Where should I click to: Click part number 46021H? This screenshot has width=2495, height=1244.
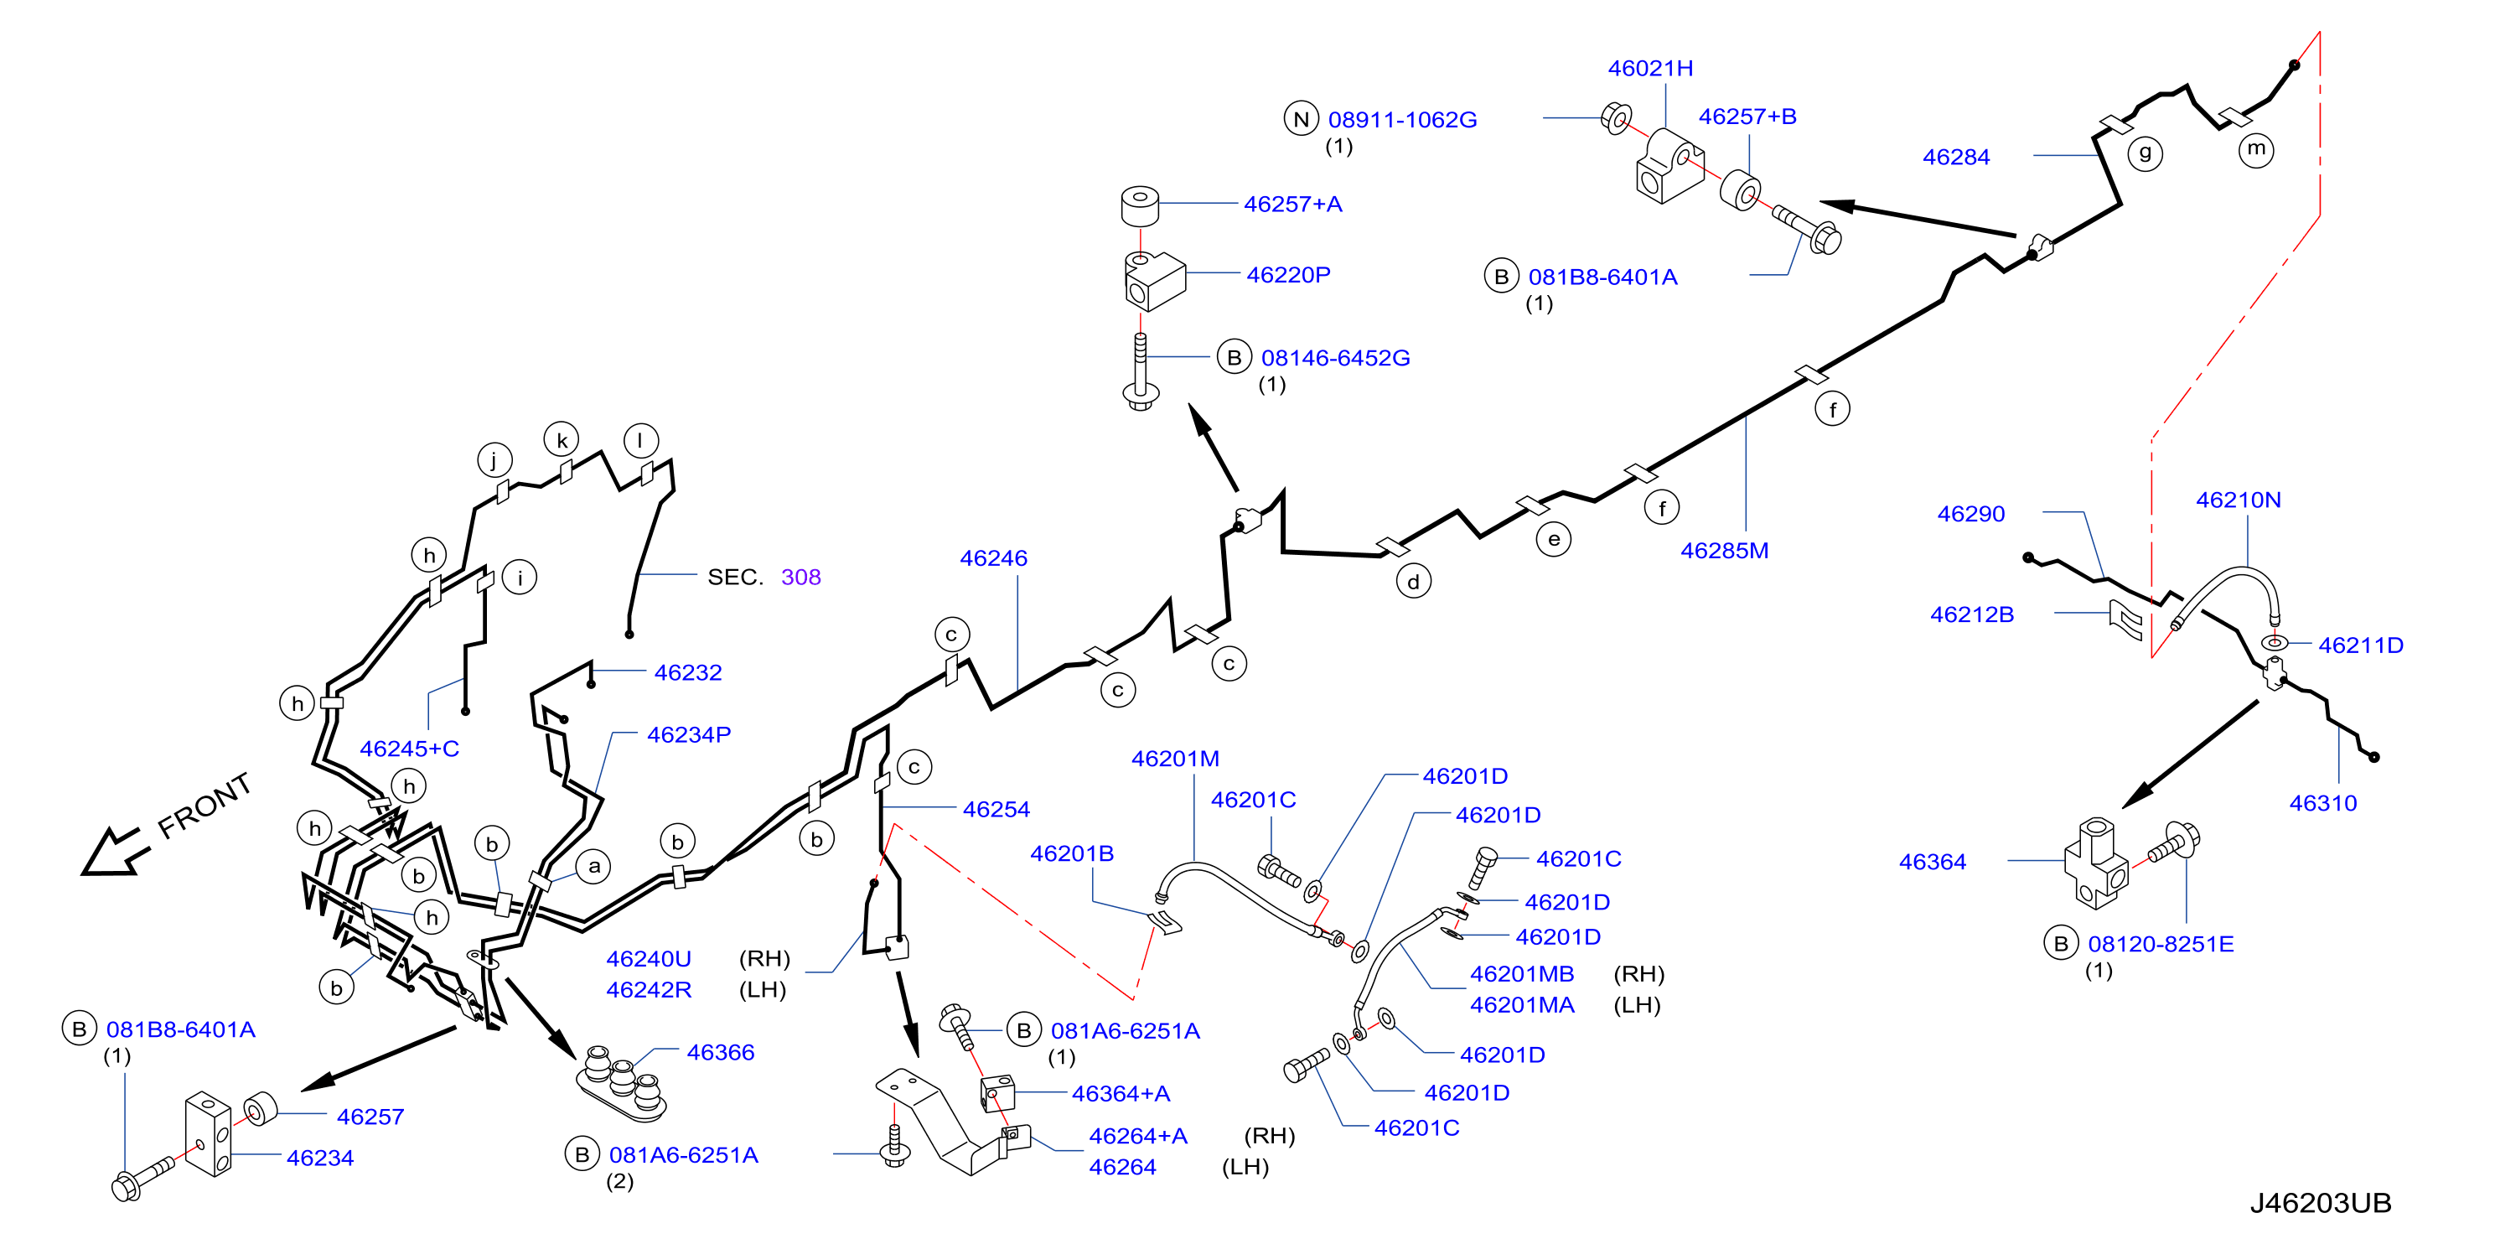pos(1649,68)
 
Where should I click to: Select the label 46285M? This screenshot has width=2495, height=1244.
pos(1724,550)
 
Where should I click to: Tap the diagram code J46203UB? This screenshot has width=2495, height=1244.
pos(2320,1202)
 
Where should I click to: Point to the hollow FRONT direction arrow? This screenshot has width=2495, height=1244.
pos(114,852)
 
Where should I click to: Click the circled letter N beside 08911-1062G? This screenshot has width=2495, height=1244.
pos(1301,119)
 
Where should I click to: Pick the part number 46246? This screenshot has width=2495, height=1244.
pos(993,558)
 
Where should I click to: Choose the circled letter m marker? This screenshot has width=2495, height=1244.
pos(2256,149)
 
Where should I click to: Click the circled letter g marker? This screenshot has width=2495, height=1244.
pos(2145,153)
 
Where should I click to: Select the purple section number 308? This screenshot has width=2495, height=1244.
pos(800,578)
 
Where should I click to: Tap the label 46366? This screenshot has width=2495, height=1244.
pos(720,1052)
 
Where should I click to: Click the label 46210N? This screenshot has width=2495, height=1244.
pos(2238,500)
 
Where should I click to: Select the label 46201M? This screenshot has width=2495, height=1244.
pos(1175,759)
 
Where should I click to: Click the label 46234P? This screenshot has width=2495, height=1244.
pos(689,734)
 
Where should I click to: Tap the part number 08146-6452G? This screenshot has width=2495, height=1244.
pos(1335,357)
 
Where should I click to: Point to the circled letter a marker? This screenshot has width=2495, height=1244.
pos(593,866)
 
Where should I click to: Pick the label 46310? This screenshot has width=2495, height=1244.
pos(2322,803)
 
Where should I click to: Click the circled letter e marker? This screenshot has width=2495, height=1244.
pos(1554,540)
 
